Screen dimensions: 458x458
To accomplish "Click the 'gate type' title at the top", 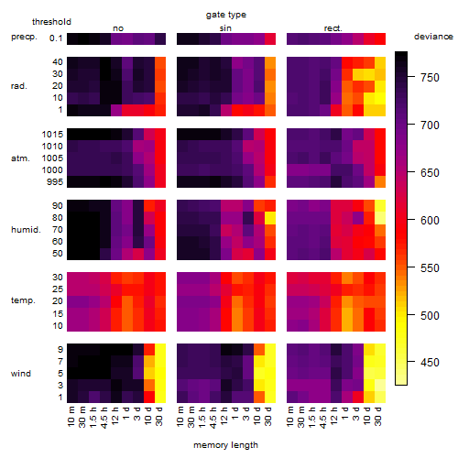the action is pyautogui.click(x=226, y=15).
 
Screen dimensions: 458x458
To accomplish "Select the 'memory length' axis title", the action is pyautogui.click(x=225, y=445).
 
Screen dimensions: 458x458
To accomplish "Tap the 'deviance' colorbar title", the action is pyautogui.click(x=433, y=37).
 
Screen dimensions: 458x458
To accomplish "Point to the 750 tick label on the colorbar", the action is pyautogui.click(x=430, y=78).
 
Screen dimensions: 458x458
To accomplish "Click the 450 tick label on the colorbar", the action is pyautogui.click(x=430, y=363).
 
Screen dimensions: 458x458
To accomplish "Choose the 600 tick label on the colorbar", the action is pyautogui.click(x=430, y=220).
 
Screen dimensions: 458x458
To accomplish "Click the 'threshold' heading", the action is pyautogui.click(x=51, y=22).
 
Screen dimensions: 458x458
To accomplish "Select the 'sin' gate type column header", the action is pyautogui.click(x=225, y=28).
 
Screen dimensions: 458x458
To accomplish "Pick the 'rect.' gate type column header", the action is pyautogui.click(x=333, y=28).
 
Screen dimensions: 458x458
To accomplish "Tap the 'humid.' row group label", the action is pyautogui.click(x=26, y=230).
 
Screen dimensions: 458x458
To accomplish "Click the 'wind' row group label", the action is pyautogui.click(x=21, y=374).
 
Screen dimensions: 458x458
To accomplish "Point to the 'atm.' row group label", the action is pyautogui.click(x=20, y=158).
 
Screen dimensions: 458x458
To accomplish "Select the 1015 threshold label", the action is pyautogui.click(x=52, y=135).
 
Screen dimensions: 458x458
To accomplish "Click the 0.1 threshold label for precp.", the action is pyautogui.click(x=56, y=38).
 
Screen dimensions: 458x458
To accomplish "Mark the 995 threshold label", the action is pyautogui.click(x=55, y=182).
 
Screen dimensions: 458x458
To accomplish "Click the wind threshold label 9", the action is pyautogui.click(x=60, y=350).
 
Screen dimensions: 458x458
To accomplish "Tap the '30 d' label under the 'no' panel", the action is pyautogui.click(x=159, y=417).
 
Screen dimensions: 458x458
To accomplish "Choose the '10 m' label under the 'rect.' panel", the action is pyautogui.click(x=290, y=417).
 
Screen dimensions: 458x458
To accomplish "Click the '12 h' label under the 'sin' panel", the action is pyautogui.click(x=225, y=416).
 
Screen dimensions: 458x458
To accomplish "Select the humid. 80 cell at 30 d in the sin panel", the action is pyautogui.click(x=270, y=218).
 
